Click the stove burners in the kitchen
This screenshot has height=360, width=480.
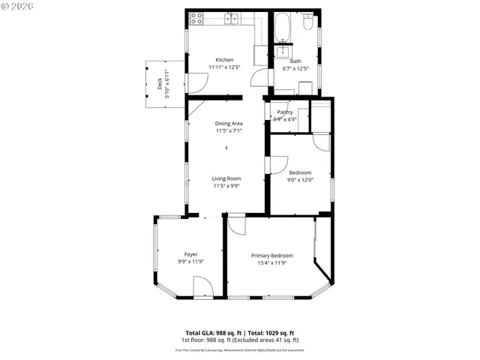pos(196,18)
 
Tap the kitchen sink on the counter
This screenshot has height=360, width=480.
pos(234,18)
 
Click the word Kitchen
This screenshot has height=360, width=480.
pos(224,60)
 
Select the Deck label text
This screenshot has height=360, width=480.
pos(159,84)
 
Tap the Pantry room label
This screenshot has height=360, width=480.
pos(284,112)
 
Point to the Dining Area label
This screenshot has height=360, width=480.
pos(229,124)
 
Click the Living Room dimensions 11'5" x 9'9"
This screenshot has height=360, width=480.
pos(226,186)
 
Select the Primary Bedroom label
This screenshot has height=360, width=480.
pos(271,256)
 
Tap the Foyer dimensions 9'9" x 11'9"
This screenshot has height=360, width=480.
pos(191,262)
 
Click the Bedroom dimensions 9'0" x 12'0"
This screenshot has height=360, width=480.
pos(300,179)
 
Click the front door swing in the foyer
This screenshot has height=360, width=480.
pos(202,286)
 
